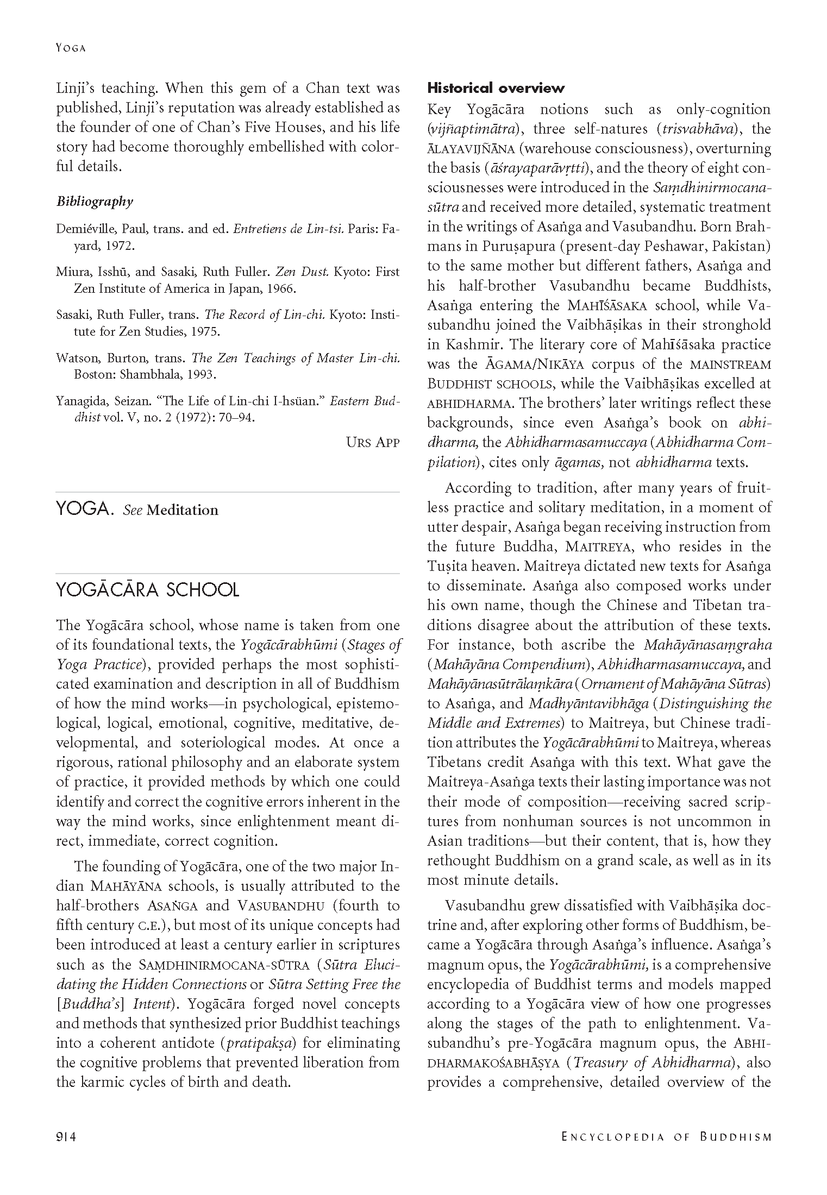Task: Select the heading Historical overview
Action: [x=496, y=88]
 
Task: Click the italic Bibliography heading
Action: [x=95, y=202]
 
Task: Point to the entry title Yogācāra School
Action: [x=147, y=590]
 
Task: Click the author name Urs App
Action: [x=372, y=442]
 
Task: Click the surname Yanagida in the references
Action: [x=82, y=401]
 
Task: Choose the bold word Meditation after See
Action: [x=183, y=510]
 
